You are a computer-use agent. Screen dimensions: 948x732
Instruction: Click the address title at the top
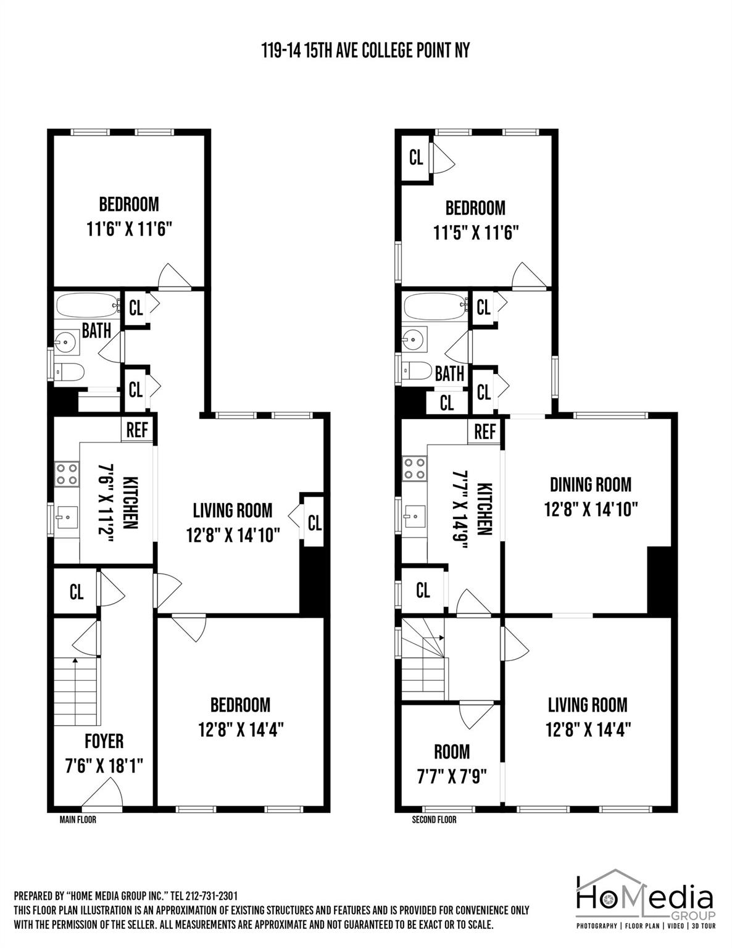[x=365, y=50]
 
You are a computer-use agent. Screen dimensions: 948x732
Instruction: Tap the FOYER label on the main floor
[x=104, y=741]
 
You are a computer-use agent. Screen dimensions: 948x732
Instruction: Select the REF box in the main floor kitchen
[x=137, y=430]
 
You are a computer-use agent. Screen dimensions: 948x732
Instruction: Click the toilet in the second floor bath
[x=417, y=371]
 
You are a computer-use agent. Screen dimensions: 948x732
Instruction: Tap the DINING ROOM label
[x=591, y=484]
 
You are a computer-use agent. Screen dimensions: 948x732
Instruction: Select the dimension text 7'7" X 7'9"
[x=452, y=775]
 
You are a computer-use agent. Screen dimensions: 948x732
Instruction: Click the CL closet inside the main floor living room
[x=314, y=523]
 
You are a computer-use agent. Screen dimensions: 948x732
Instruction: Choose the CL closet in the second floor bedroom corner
[x=416, y=157]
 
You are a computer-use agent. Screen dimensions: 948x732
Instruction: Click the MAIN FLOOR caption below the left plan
[x=78, y=820]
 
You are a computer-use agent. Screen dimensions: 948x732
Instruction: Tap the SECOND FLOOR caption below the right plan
[x=435, y=820]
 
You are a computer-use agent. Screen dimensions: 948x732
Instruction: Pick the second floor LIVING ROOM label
[x=588, y=704]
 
